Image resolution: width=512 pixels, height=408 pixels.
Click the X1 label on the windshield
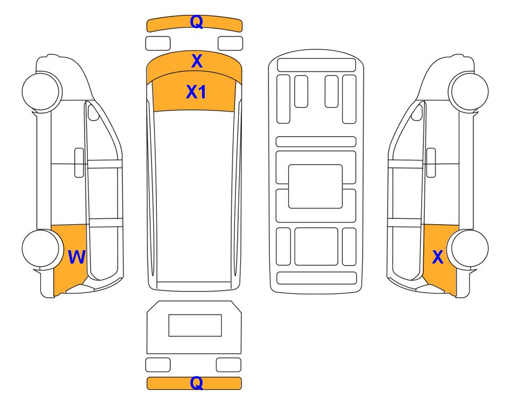coord(196,92)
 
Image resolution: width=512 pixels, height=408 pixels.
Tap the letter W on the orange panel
coord(77,257)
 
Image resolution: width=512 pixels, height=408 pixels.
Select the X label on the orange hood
coord(197,61)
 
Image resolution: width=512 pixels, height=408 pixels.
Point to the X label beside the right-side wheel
coord(438,257)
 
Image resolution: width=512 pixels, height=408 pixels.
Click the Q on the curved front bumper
coord(197,22)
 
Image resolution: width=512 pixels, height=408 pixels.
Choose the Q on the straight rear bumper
coord(197,382)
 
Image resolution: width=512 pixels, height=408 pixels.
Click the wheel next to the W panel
coord(41,249)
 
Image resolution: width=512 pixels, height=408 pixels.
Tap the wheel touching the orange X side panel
coord(469,249)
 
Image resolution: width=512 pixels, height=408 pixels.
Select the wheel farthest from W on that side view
coord(41,92)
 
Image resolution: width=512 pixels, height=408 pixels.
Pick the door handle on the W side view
coord(79,163)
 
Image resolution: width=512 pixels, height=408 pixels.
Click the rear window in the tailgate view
coord(195,325)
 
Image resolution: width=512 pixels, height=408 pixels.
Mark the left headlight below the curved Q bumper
coord(158,44)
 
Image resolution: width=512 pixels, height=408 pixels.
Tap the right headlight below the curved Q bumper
coord(230,44)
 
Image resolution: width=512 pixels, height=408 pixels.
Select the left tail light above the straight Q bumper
coord(158,364)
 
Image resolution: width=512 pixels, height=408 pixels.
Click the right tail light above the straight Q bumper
coord(229,364)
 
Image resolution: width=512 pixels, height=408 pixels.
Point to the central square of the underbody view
coord(315,186)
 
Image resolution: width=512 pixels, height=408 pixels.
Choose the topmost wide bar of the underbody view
coord(316,65)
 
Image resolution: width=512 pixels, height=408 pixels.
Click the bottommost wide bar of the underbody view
coord(316,278)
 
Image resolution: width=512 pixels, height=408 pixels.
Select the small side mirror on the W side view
coord(94,112)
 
